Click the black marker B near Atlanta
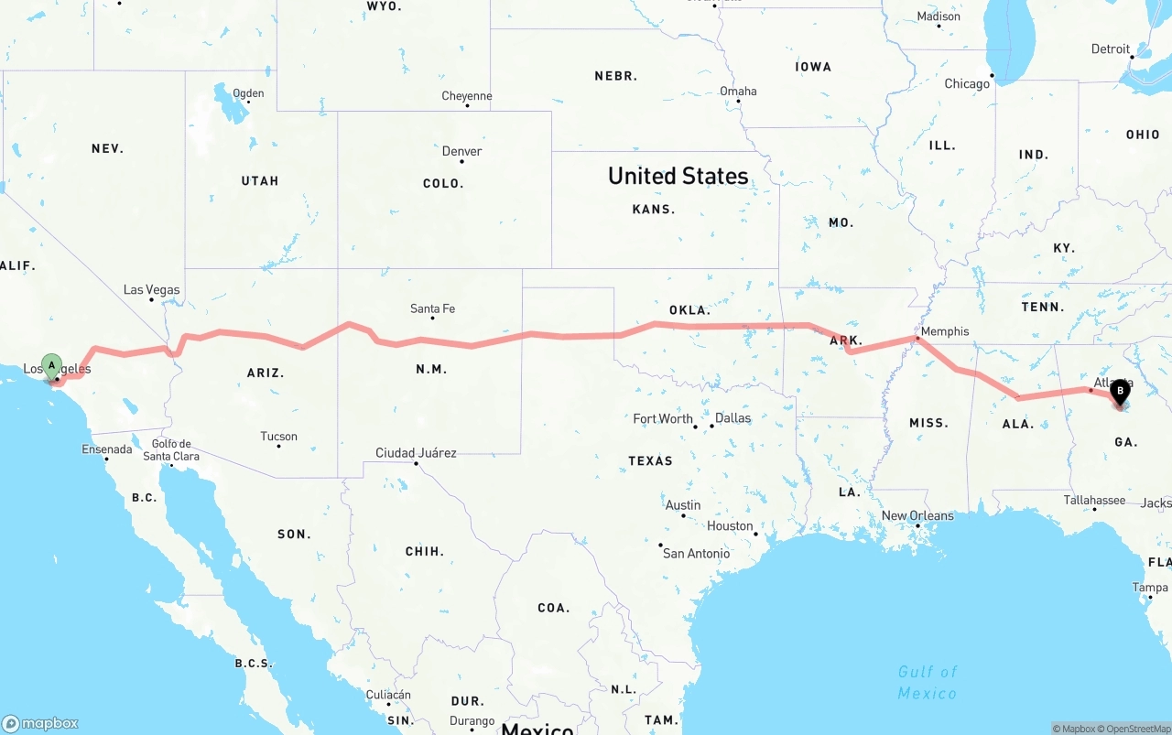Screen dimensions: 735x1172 [x=1120, y=392]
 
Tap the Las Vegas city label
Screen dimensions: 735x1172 [x=152, y=290]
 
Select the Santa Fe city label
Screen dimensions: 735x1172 [x=432, y=309]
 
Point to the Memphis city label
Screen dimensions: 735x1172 [x=945, y=331]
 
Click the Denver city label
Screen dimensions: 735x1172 [x=461, y=151]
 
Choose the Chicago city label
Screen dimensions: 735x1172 [x=967, y=83]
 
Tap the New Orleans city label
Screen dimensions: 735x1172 [x=917, y=516]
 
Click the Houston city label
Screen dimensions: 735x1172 [x=730, y=526]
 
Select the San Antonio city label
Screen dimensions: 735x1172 [x=696, y=554]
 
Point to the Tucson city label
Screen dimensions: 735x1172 [x=278, y=437]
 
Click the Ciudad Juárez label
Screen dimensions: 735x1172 [x=416, y=453]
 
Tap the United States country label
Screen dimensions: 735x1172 [x=678, y=176]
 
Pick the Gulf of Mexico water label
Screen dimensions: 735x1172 [x=928, y=683]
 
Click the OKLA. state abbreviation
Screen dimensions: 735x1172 [x=689, y=310]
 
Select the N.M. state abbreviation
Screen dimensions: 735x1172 [x=431, y=370]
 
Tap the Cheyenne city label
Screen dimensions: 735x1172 [x=467, y=96]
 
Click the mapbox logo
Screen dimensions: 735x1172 [x=40, y=724]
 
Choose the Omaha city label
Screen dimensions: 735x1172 [x=738, y=92]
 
